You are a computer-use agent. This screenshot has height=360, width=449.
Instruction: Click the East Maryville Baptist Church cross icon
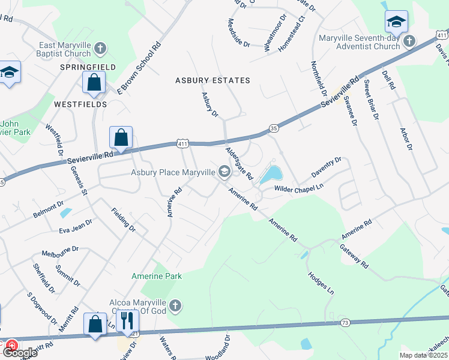pyautogui.click(x=101, y=47)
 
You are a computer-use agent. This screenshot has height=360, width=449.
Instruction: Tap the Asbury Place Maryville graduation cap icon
pyautogui.click(x=224, y=173)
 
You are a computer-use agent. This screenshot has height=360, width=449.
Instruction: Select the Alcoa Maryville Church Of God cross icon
pyautogui.click(x=174, y=306)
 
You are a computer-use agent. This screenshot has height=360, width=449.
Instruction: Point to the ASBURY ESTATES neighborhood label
pyautogui.click(x=212, y=80)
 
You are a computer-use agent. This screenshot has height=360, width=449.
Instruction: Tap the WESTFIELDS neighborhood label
pyautogui.click(x=80, y=104)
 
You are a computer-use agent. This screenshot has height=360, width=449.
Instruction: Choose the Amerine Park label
pyautogui.click(x=157, y=276)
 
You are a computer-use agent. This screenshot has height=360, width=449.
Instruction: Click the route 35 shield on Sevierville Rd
pyautogui.click(x=274, y=128)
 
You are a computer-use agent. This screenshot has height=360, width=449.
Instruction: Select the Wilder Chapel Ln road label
pyautogui.click(x=299, y=188)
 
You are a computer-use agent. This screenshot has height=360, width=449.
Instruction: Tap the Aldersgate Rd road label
pyautogui.click(x=240, y=163)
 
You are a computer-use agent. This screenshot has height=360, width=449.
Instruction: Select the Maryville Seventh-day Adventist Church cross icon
pyautogui.click(x=409, y=41)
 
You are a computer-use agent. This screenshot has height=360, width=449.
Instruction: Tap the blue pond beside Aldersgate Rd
pyautogui.click(x=271, y=174)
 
